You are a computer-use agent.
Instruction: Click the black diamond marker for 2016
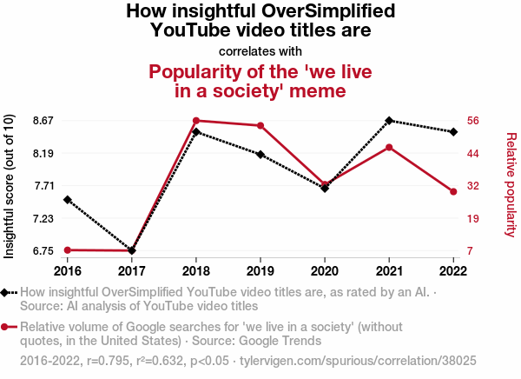pos(68,200)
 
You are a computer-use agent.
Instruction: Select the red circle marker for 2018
pos(196,121)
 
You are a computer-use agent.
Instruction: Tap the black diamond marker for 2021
pos(389,121)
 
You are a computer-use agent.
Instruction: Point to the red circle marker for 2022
pos(453,191)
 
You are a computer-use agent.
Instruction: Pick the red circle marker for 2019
pos(260,126)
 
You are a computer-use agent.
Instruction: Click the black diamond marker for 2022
pos(453,132)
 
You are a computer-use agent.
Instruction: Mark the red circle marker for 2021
pos(389,147)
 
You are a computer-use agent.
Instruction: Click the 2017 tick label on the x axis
pos(132,269)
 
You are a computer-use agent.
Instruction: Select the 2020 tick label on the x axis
pos(325,269)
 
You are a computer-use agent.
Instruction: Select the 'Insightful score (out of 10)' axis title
pos(10,186)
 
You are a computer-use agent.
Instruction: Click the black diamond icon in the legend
pos(7,293)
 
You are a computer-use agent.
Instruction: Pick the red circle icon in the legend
pos(7,327)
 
